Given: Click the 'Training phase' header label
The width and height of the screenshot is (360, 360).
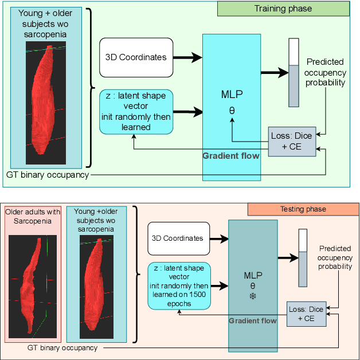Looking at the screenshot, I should (x=283, y=9).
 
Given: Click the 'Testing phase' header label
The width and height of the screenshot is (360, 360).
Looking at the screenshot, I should (x=303, y=209).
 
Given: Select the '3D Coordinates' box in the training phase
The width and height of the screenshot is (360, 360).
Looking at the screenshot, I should (x=136, y=57).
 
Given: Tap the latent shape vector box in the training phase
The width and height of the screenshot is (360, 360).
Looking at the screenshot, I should (x=136, y=111).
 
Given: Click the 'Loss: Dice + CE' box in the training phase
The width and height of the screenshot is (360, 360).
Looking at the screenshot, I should (x=292, y=141).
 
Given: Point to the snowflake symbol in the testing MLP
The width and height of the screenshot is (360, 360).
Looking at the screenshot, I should (x=253, y=296).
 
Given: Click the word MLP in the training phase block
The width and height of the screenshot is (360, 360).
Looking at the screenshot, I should (x=232, y=93).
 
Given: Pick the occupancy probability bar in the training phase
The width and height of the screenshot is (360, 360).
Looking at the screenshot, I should (x=294, y=72).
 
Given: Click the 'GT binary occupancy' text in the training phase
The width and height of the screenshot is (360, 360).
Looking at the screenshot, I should (x=48, y=175).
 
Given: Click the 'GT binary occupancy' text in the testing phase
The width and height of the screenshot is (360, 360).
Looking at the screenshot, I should (x=62, y=347).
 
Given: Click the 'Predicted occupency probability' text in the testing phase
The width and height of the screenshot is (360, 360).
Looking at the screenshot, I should (x=335, y=258).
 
